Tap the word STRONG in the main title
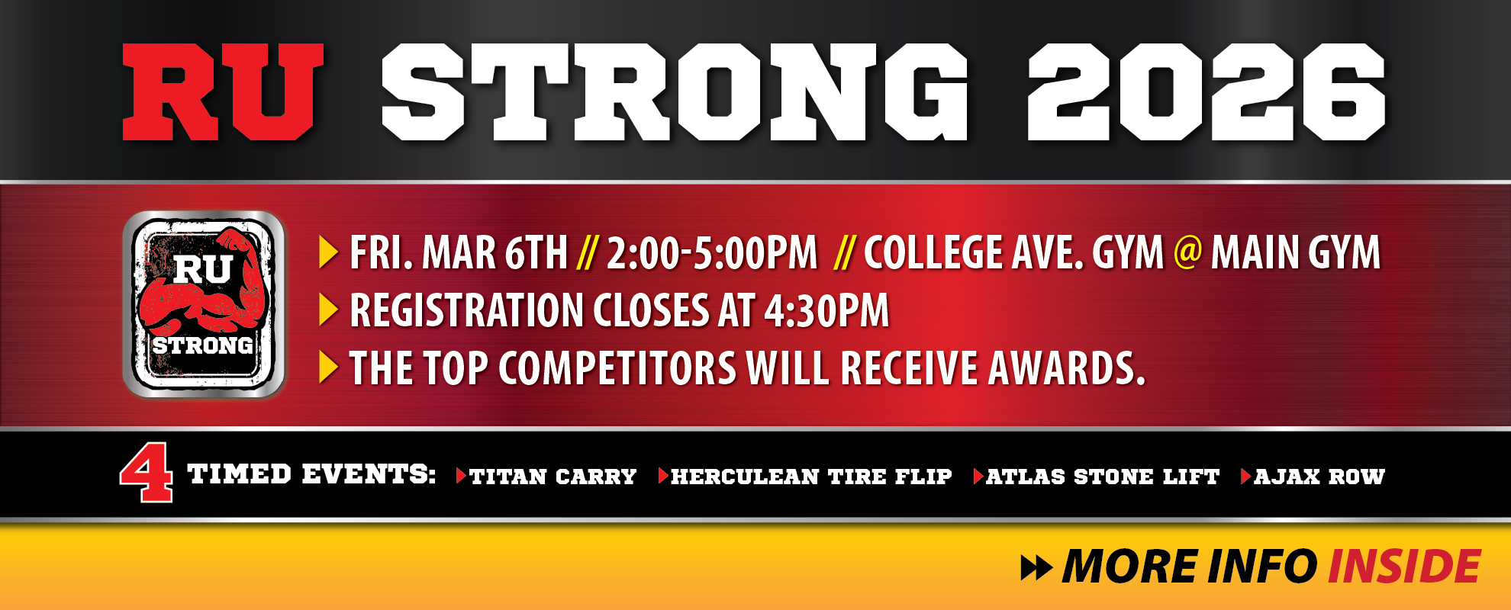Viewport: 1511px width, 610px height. point(675,92)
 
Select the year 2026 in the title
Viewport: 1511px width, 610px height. point(1206,92)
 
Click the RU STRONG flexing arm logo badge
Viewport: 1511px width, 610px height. point(204,304)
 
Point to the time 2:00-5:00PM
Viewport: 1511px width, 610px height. point(711,252)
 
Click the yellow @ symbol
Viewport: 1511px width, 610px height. point(1187,251)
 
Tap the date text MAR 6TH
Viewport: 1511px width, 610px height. point(495,252)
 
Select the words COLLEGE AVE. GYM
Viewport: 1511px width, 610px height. point(1013,252)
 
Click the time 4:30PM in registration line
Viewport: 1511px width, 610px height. point(826,310)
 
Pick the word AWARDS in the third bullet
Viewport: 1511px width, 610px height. point(1067,368)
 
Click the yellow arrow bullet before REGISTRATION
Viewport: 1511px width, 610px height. point(328,310)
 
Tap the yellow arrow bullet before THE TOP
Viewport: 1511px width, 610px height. point(328,368)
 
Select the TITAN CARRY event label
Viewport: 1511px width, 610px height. point(553,477)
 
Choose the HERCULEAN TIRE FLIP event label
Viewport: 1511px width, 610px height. point(811,477)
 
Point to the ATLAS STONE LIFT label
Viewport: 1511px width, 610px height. point(1102,477)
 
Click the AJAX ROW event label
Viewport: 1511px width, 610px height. point(1319,477)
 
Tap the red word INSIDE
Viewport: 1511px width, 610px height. point(1404,567)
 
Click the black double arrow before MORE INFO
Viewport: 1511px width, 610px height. point(1036,568)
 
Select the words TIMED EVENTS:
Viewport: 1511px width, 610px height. point(311,474)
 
